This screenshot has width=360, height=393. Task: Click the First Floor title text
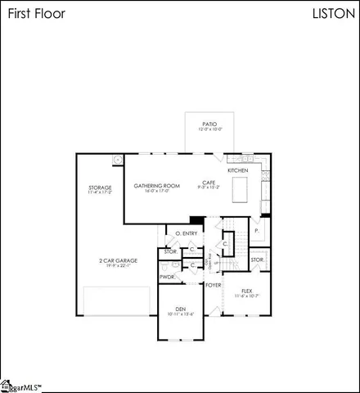pyautogui.click(x=34, y=14)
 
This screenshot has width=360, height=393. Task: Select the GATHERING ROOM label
pyautogui.click(x=156, y=186)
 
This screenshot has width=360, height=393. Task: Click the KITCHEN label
pyautogui.click(x=238, y=170)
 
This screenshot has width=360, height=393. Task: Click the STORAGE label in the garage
pyautogui.click(x=100, y=187)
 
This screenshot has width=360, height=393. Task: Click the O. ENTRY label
pyautogui.click(x=187, y=234)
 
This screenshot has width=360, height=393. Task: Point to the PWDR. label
pyautogui.click(x=168, y=277)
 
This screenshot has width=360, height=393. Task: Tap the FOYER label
pyautogui.click(x=214, y=285)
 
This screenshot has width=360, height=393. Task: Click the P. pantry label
pyautogui.click(x=257, y=232)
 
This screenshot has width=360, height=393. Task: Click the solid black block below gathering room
pyautogui.click(x=196, y=219)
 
